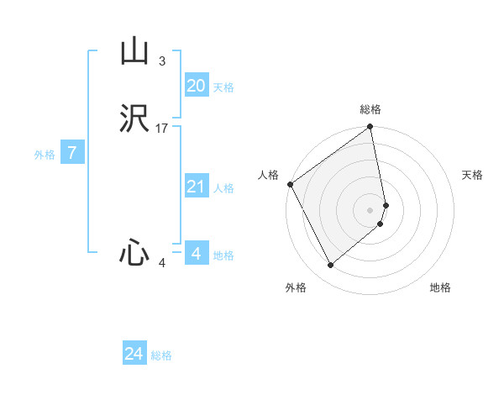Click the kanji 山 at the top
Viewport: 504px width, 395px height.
pos(134,52)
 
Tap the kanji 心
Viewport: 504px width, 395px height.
pos(134,252)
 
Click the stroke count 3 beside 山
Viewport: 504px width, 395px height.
pos(161,61)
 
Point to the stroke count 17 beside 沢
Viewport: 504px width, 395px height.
pos(162,129)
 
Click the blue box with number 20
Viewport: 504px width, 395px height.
pos(196,85)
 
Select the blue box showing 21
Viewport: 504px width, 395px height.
pos(196,187)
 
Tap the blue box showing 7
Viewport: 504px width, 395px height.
pos(72,153)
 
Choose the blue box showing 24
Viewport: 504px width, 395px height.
pos(134,354)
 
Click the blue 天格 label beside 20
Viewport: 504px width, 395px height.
pos(223,87)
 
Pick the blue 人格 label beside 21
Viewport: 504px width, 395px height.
pos(223,188)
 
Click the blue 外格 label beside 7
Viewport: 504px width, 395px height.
pos(45,155)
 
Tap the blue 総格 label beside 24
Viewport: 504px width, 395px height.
pos(161,356)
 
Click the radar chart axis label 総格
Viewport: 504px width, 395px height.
pos(370,109)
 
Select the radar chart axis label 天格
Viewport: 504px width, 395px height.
pos(472,175)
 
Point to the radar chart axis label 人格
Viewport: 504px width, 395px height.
pos(268,175)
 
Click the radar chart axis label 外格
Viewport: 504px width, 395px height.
pos(296,287)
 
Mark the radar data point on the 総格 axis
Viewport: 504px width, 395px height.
pos(370,128)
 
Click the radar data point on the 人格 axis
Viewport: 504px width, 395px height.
pos(290,184)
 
